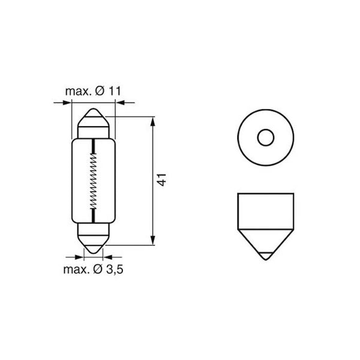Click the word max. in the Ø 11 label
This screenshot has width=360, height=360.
pyautogui.click(x=77, y=91)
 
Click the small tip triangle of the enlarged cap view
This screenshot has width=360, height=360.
pyautogui.click(x=265, y=254)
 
